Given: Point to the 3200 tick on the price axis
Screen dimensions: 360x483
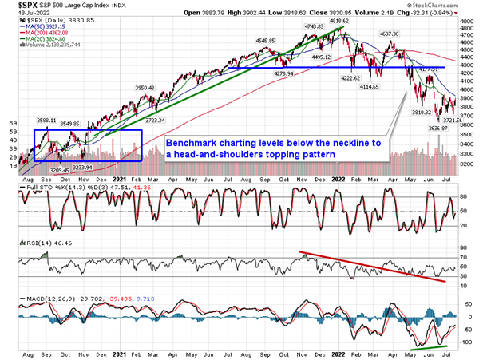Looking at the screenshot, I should pos(471,164).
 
